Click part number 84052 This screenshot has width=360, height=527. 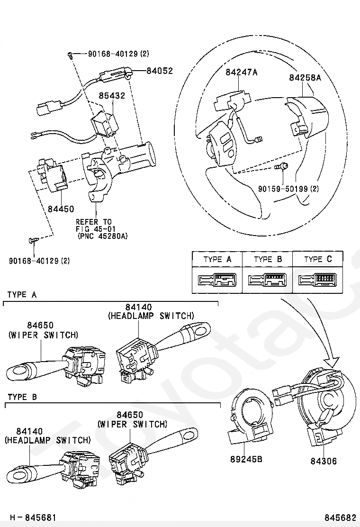click(x=159, y=71)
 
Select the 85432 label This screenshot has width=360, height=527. click(x=112, y=96)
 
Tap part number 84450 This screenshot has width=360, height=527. click(x=61, y=209)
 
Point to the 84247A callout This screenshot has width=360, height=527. click(x=241, y=72)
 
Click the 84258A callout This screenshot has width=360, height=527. click(x=305, y=78)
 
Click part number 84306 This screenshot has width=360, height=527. click(x=324, y=460)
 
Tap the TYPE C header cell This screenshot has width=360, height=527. click(x=318, y=259)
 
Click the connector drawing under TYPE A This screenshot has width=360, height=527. click(x=217, y=280)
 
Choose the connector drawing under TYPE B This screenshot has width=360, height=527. click(x=267, y=280)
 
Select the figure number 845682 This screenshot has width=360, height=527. click(x=340, y=517)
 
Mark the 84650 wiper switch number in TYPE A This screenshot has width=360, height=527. click(x=40, y=325)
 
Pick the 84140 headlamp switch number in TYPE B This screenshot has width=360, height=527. click(x=29, y=431)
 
